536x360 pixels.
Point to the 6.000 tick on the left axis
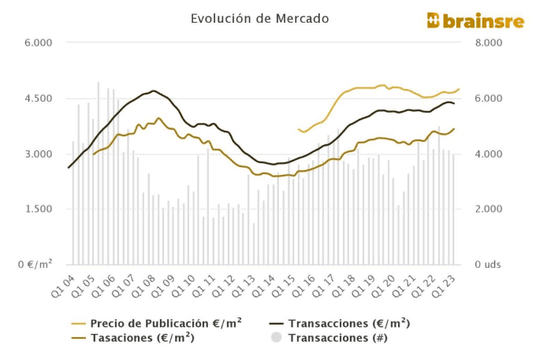pyautogui.click(x=37, y=43)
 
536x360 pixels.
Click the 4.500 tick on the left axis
pyautogui.click(x=37, y=98)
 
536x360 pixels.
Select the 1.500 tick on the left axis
pyautogui.click(x=37, y=210)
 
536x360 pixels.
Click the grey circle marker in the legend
pyautogui.click(x=276, y=337)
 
